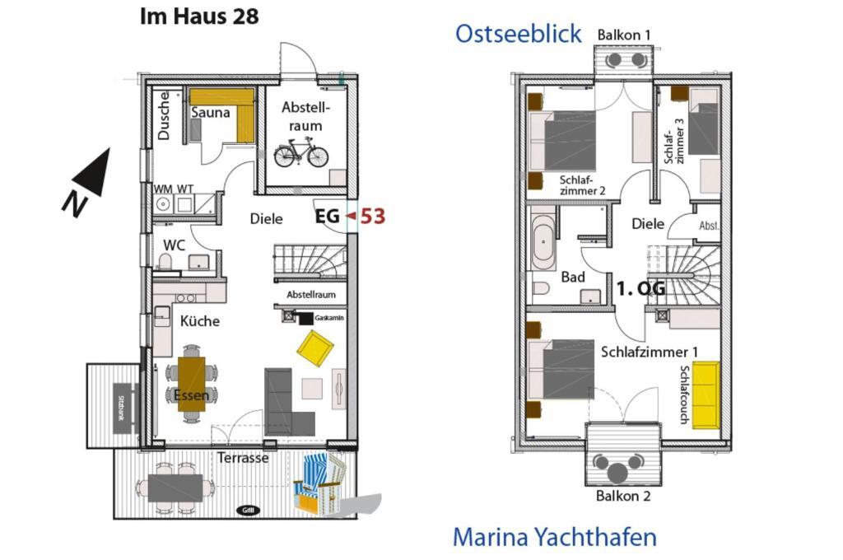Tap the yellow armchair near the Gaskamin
(x=315, y=348)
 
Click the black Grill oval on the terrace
(x=248, y=510)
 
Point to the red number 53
(x=373, y=217)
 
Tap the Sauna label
(x=210, y=113)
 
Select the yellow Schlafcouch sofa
(x=706, y=395)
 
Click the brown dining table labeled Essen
(x=191, y=384)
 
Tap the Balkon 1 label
(x=624, y=35)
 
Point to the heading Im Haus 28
(x=199, y=16)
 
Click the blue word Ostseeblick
(x=519, y=33)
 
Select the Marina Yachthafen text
(x=554, y=537)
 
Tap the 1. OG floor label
(x=640, y=288)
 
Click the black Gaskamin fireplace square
(x=305, y=318)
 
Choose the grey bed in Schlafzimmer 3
(x=703, y=128)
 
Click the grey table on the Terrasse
(x=175, y=488)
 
